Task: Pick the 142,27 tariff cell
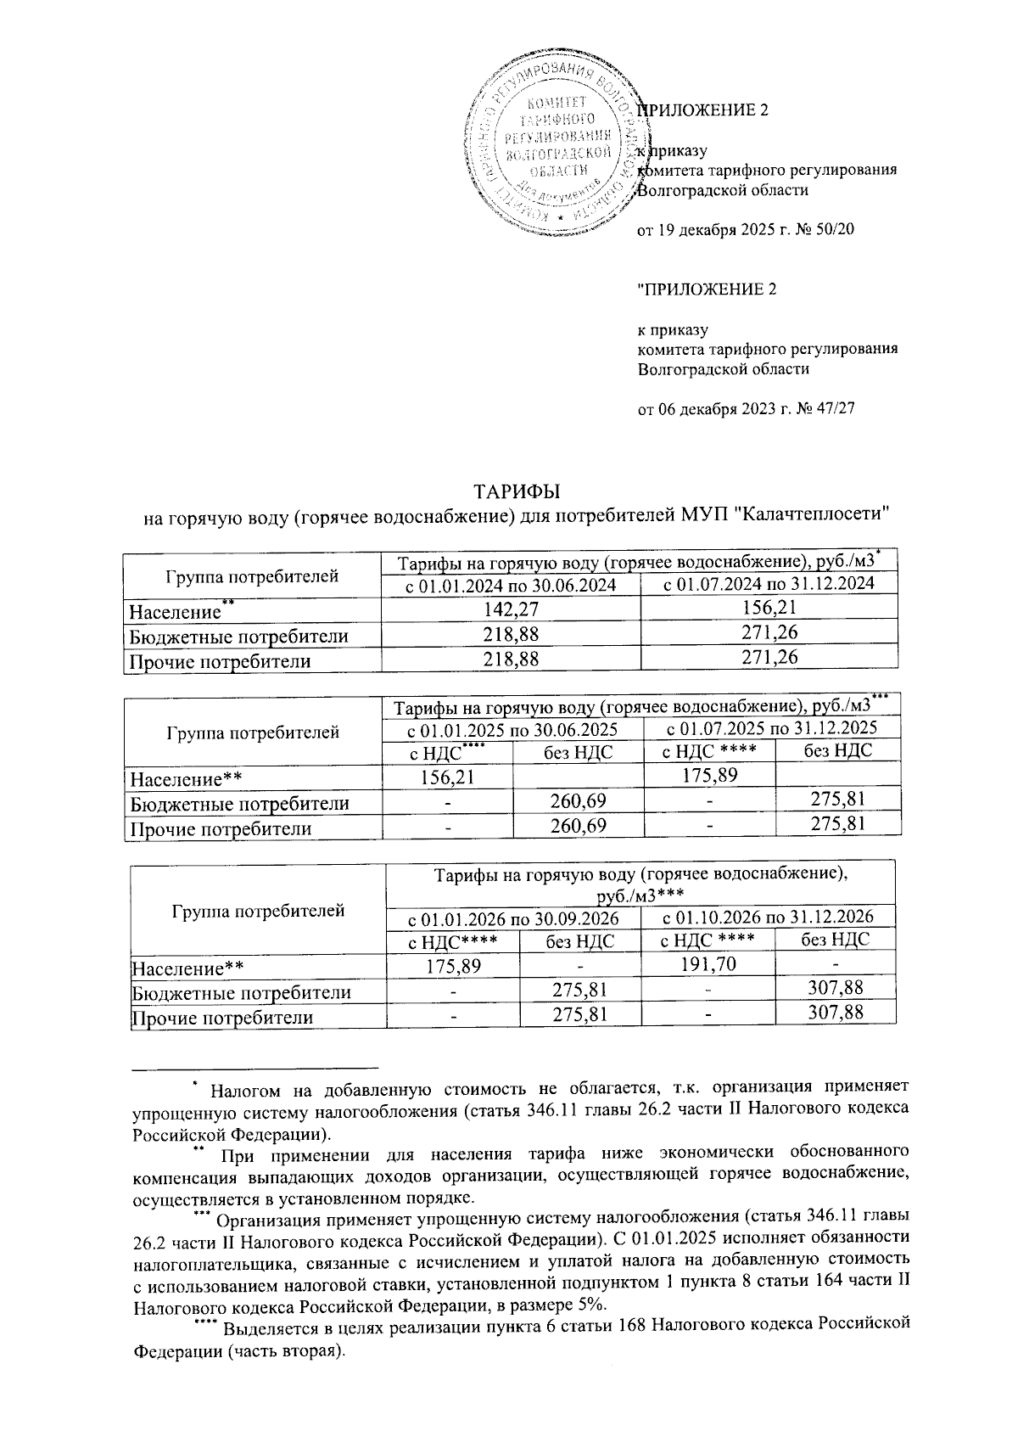coord(511,609)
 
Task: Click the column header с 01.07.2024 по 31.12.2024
coord(769,584)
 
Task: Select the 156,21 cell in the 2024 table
coord(769,609)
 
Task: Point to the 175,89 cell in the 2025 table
coord(709,775)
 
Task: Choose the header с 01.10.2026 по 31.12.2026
coord(768,917)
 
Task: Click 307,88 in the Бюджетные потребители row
coord(836,989)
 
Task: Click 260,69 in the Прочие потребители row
coord(578,825)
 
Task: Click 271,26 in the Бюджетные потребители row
coord(769,633)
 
